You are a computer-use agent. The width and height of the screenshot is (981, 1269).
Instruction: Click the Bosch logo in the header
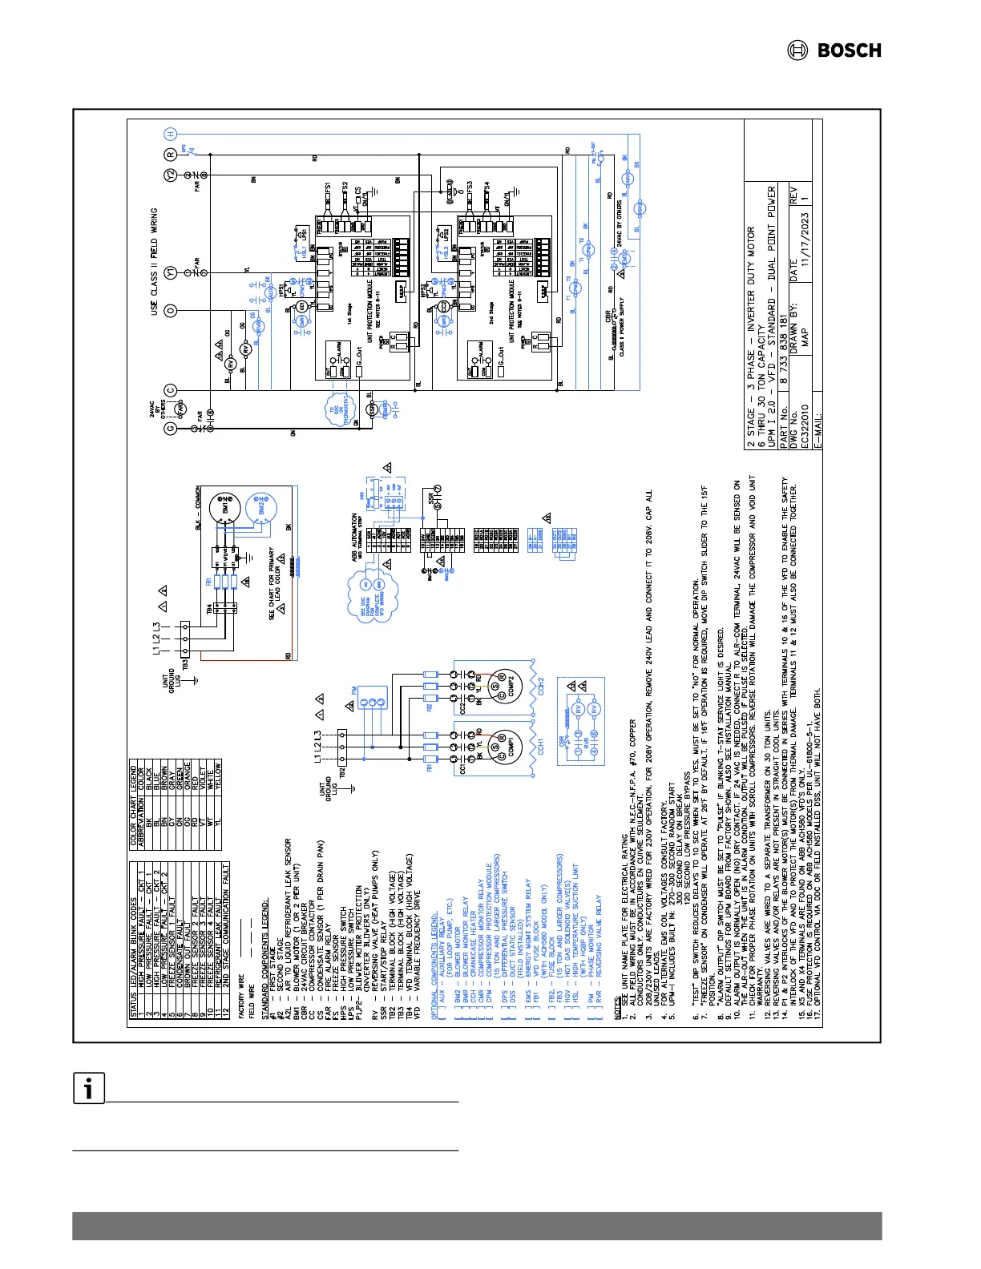click(834, 50)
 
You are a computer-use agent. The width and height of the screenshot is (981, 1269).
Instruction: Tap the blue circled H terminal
click(170, 134)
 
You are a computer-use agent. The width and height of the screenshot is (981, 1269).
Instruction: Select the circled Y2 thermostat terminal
click(170, 175)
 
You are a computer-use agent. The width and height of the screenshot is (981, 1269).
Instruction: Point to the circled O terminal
click(170, 310)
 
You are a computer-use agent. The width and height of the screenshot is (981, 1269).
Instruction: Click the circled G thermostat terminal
click(170, 429)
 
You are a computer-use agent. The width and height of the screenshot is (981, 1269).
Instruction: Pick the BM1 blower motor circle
click(224, 507)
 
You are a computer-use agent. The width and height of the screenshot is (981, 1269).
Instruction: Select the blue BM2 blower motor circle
click(259, 507)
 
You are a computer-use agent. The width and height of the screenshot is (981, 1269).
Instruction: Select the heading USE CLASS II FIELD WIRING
click(155, 261)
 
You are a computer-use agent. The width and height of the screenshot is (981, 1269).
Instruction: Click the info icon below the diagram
click(89, 1088)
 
